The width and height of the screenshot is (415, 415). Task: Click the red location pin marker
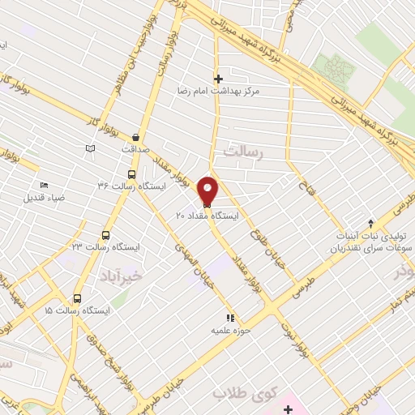click(208, 191)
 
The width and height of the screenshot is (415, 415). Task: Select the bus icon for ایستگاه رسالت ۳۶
click(132, 174)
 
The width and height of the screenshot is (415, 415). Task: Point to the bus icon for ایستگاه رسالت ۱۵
click(78, 298)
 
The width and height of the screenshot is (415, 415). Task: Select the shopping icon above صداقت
click(135, 138)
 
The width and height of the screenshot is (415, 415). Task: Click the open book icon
click(90, 148)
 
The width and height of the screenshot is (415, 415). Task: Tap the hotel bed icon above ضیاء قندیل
click(43, 186)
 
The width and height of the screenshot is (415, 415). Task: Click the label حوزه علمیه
click(229, 331)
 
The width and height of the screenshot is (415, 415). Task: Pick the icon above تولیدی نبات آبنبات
click(371, 223)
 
